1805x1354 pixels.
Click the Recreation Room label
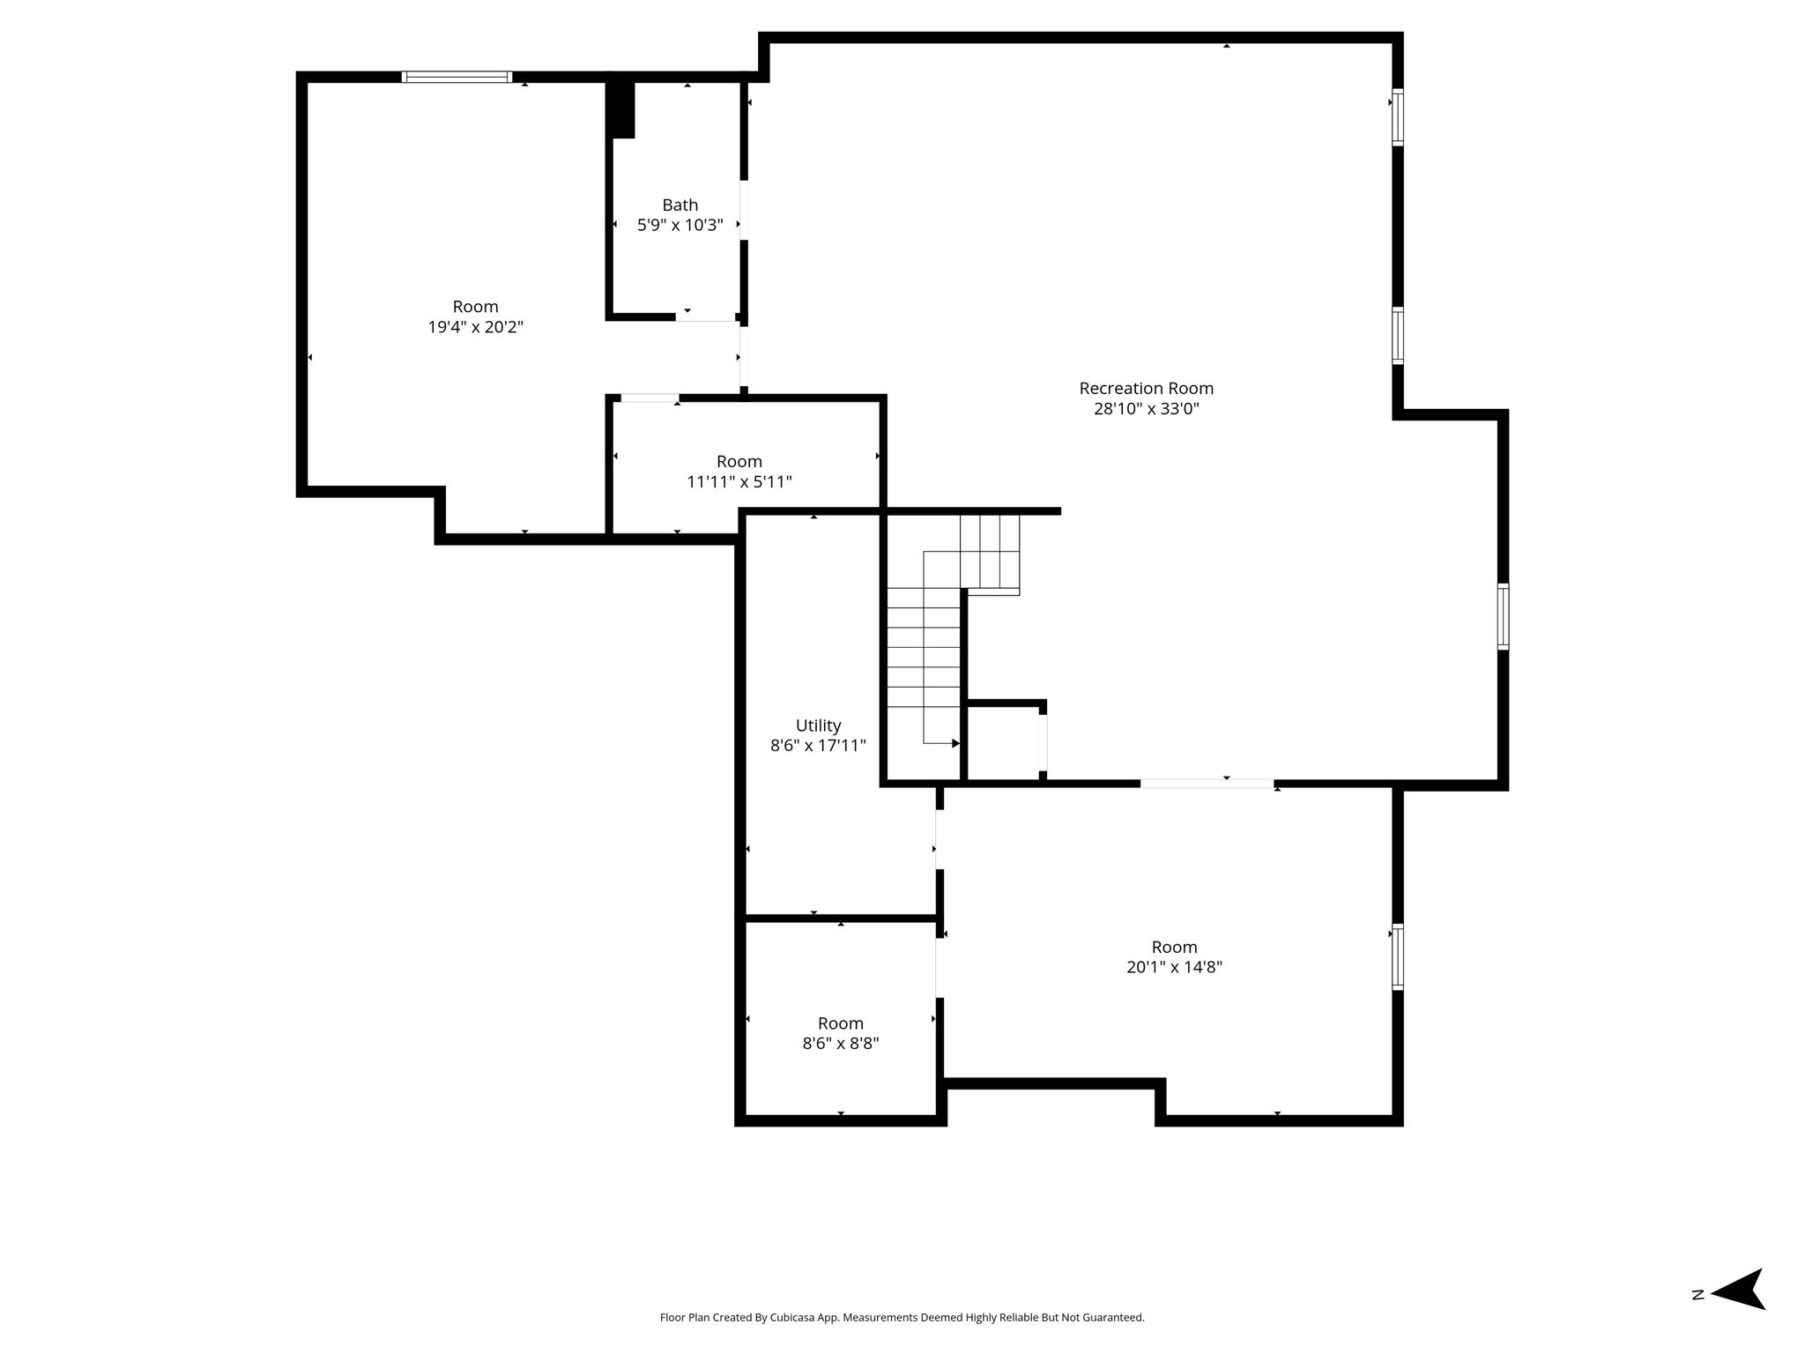pos(1146,388)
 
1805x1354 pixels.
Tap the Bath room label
pos(680,205)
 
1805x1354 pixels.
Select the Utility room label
pos(818,725)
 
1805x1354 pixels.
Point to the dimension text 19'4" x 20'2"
pos(476,327)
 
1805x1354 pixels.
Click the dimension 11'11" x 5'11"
pos(739,482)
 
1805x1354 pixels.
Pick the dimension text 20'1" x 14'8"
pos(1174,967)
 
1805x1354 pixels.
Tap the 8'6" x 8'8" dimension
pos(840,1044)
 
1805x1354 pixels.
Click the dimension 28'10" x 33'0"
pos(1146,409)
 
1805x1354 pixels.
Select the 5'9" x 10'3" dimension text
pos(680,225)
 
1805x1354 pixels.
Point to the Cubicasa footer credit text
pos(902,1318)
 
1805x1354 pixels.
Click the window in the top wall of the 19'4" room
pos(457,77)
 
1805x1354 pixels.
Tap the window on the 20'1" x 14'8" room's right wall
pos(1398,957)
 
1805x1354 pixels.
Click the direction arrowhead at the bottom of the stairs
pos(955,744)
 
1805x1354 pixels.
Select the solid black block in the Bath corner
pos(622,109)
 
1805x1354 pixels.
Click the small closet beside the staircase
pos(1006,742)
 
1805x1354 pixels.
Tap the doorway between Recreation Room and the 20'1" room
pos(1207,783)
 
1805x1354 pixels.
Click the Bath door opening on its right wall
pos(744,210)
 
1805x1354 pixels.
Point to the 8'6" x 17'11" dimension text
pos(818,746)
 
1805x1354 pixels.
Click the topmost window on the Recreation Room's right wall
pos(1398,116)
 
